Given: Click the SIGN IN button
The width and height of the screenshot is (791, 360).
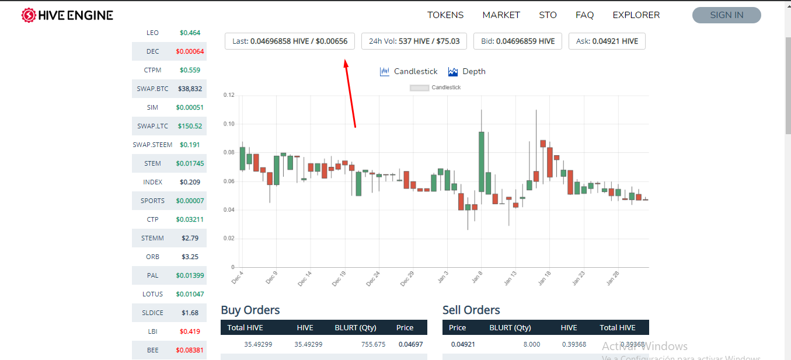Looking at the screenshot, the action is [x=726, y=15].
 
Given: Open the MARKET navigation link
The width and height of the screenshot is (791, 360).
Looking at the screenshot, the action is [x=501, y=15].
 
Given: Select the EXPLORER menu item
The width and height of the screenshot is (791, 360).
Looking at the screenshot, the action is [x=636, y=15].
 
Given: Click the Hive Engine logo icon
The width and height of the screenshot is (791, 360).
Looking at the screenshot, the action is [x=29, y=15].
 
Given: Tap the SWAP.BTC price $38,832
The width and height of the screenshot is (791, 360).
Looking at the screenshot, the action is [x=190, y=89].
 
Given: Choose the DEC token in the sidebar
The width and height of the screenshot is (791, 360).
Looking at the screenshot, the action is [x=152, y=51].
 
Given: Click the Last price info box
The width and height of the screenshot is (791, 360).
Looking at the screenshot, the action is [x=290, y=41].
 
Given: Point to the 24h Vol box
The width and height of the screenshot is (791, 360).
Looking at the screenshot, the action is [x=414, y=41].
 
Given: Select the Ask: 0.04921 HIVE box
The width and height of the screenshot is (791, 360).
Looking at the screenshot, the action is [x=607, y=41].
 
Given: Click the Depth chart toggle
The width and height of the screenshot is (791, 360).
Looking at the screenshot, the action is [x=467, y=72].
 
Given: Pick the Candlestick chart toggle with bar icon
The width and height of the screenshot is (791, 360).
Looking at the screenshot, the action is [x=409, y=72].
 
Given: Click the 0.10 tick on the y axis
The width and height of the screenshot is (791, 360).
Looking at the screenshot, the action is [x=229, y=124].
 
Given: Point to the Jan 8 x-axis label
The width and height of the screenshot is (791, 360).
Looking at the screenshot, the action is [x=477, y=277].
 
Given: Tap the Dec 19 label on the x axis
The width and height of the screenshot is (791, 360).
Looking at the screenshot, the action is [x=339, y=278].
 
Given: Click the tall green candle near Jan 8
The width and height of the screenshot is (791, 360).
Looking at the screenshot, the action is [x=481, y=162].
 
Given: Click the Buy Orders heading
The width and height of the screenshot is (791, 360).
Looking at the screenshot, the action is [x=250, y=310].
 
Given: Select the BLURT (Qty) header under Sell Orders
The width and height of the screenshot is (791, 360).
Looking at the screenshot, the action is [x=510, y=327].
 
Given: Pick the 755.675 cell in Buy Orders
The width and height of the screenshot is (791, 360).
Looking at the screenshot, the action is [x=373, y=344].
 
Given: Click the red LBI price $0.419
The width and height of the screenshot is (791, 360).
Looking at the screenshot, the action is [x=190, y=331].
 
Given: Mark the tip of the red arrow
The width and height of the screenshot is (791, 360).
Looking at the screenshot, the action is [x=346, y=60].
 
